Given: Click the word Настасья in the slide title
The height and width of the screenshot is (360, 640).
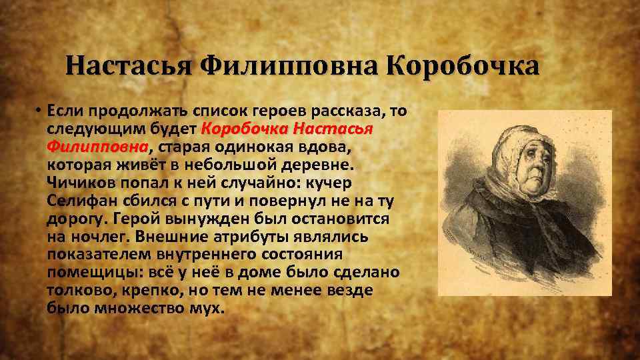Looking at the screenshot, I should tap(129, 67).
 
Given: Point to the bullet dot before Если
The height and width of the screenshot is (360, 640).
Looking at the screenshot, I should tap(40, 111).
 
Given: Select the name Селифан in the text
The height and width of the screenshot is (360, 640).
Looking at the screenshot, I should tap(78, 201).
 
